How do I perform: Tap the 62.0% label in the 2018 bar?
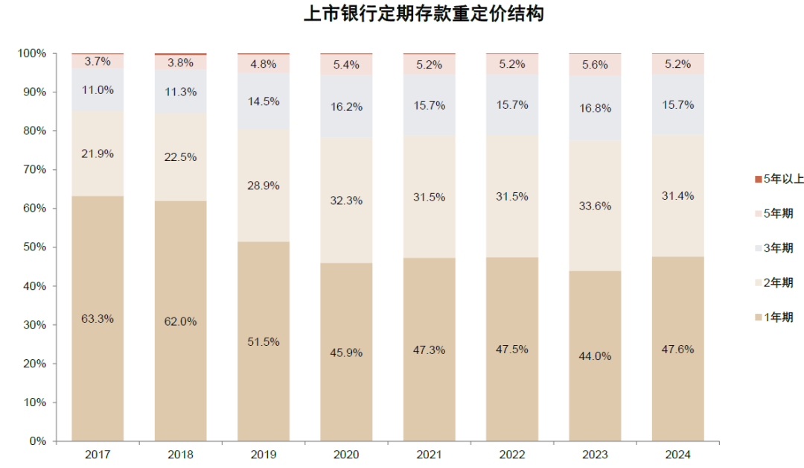(x=181, y=322)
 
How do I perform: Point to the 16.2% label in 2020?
(x=347, y=107)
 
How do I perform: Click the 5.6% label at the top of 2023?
(x=596, y=65)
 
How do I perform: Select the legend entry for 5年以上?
(x=773, y=179)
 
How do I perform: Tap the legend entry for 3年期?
(x=773, y=248)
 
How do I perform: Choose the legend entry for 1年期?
(x=773, y=317)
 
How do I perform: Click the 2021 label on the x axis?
(x=430, y=454)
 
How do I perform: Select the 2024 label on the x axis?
(x=678, y=454)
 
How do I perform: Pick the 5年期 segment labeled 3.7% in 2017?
(x=98, y=62)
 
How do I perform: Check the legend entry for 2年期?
(x=773, y=282)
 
